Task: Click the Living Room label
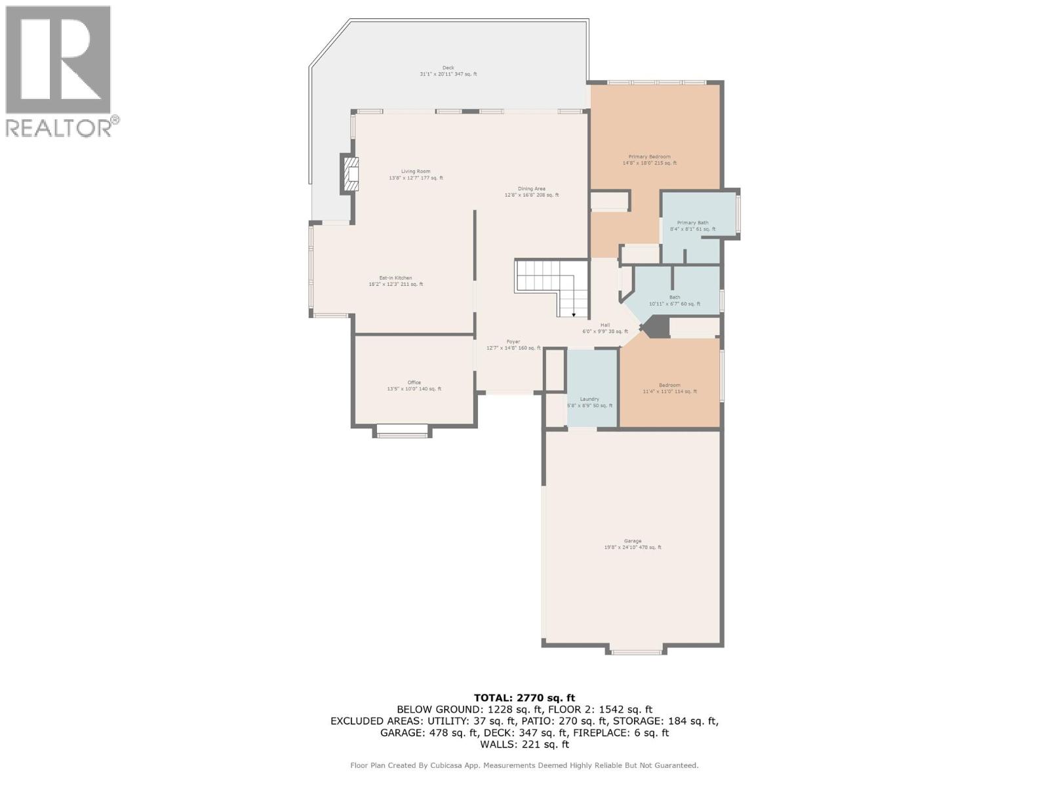click(416, 174)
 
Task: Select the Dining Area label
click(531, 192)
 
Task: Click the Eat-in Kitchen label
click(395, 281)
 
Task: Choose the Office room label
click(414, 386)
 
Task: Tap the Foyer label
click(513, 344)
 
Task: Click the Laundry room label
click(589, 402)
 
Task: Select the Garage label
click(632, 544)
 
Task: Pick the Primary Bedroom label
click(649, 159)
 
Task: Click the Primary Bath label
click(692, 226)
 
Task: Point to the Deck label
click(448, 71)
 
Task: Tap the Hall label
click(604, 328)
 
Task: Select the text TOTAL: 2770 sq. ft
click(524, 698)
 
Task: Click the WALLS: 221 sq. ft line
click(524, 744)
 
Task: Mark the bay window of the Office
click(403, 431)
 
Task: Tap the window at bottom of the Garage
click(635, 651)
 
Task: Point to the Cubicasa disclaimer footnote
click(524, 765)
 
